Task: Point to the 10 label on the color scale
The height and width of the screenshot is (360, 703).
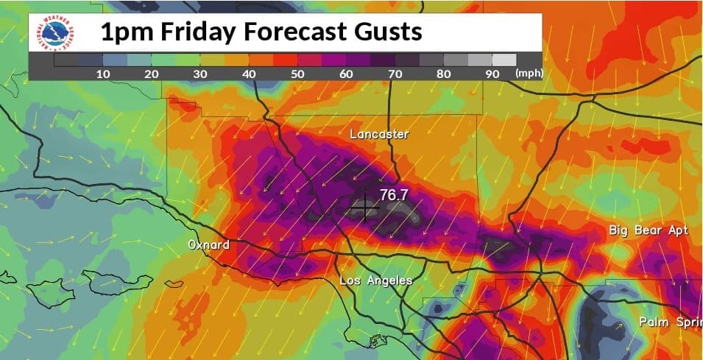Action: point(103,74)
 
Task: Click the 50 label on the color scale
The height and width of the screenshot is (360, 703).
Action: point(298,74)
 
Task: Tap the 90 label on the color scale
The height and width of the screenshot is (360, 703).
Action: point(492,74)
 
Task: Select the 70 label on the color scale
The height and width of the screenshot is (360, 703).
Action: point(395,74)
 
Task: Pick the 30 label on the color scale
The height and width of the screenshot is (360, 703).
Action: point(200,74)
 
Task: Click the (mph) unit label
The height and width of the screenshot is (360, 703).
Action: point(529,74)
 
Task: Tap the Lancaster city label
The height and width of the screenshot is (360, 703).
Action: point(378,134)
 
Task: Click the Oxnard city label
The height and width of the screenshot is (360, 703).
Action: point(208,244)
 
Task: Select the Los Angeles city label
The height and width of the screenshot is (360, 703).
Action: point(375,281)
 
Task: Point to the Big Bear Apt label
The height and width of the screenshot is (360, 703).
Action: point(649,230)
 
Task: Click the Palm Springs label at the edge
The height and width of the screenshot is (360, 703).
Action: point(670,322)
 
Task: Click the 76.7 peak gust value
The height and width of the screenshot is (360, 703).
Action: point(394,195)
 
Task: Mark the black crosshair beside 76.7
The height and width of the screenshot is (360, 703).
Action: point(365,208)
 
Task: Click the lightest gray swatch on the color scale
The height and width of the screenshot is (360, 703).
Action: point(504,60)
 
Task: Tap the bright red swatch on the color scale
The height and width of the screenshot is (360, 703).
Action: point(286,60)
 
